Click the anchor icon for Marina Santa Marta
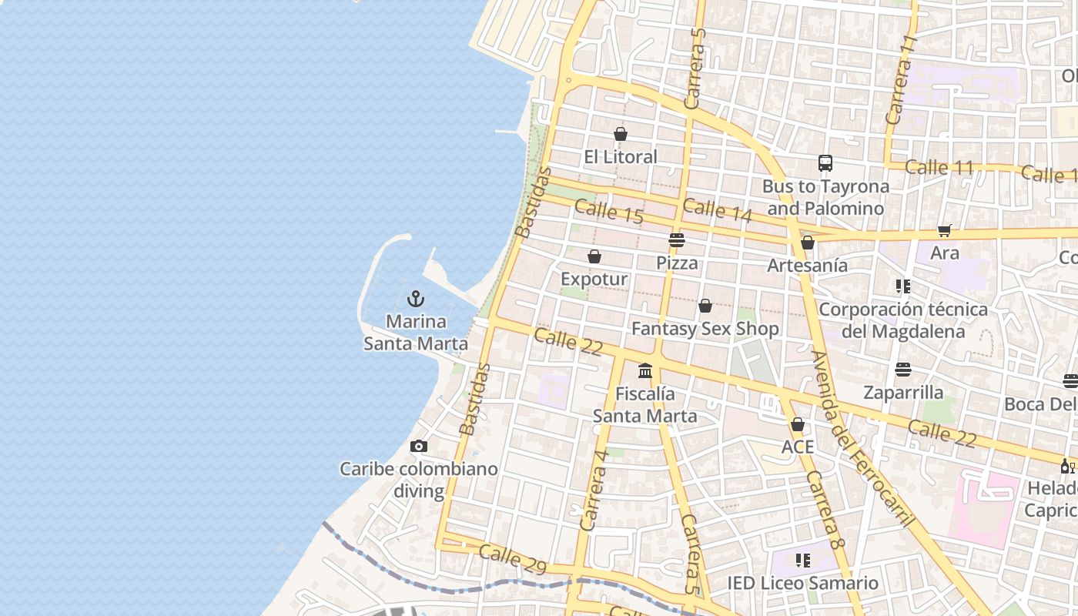point(416,298)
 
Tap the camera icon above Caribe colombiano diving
point(419,446)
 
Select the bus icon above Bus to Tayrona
point(825,163)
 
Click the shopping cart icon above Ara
point(945,230)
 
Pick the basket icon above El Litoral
point(621,134)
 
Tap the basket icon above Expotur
point(594,256)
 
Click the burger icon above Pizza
point(677,240)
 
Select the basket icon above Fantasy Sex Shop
point(705,306)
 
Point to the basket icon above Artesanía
point(808,243)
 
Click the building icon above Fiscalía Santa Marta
point(645,371)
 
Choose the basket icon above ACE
point(798,425)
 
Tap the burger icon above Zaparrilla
point(903,370)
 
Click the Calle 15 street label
point(608,211)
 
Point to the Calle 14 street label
point(717,210)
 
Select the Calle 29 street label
point(512,560)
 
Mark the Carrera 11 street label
point(902,80)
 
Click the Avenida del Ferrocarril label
point(862,439)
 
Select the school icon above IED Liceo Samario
point(803,561)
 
